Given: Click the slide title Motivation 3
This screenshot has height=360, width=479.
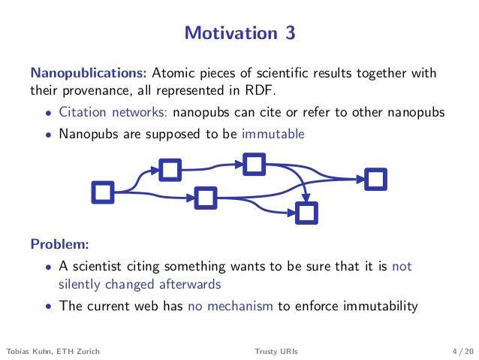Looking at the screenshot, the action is [239, 33].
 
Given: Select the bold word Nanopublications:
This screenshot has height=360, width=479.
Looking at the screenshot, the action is [89, 74].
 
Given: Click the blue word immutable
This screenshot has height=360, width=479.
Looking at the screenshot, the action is [273, 135].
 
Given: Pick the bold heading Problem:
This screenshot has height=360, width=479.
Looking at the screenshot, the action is [59, 244].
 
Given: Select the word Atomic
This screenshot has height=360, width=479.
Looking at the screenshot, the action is [173, 74].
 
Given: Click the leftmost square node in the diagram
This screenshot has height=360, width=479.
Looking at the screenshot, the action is [103, 192].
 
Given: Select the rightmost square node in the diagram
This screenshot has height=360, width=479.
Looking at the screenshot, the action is [375, 179].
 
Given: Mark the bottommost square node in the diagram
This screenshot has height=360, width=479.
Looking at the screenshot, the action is [306, 213].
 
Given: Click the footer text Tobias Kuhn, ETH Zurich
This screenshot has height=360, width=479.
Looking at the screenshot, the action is [53, 350].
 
